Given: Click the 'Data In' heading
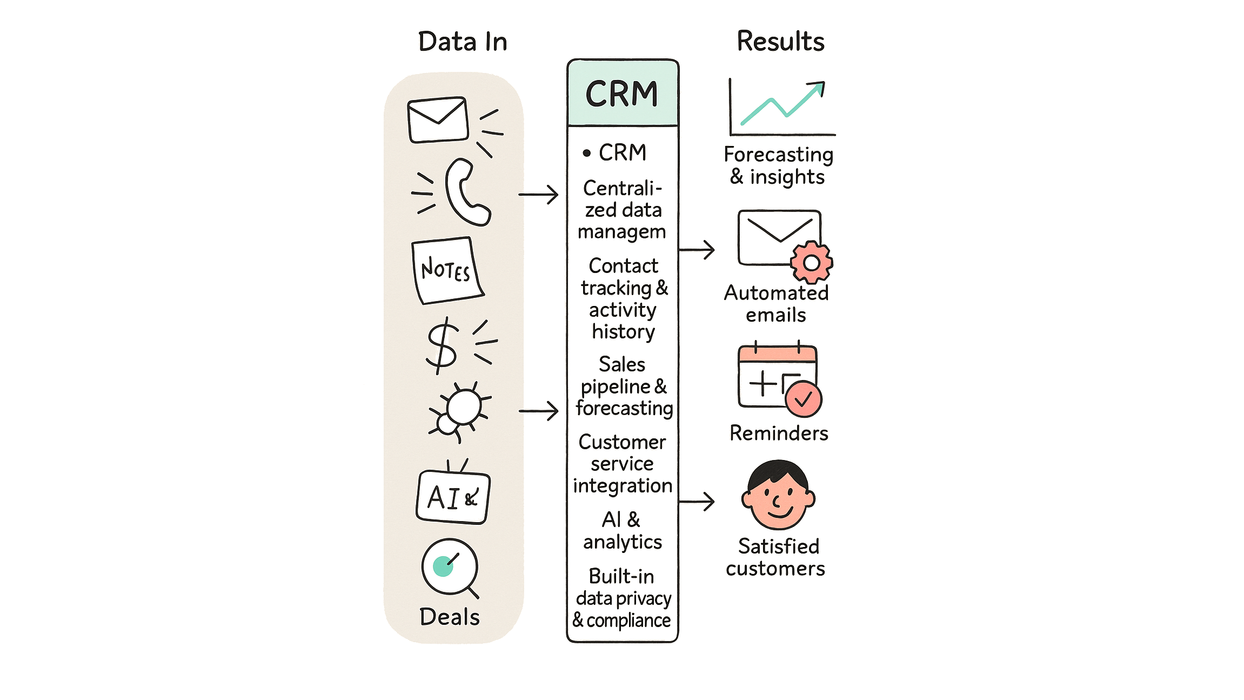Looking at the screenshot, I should pyautogui.click(x=463, y=42).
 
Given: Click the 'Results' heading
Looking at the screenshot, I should pyautogui.click(x=780, y=42).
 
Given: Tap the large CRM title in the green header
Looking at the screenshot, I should pyautogui.click(x=621, y=94).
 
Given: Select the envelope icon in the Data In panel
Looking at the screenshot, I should pyautogui.click(x=437, y=120).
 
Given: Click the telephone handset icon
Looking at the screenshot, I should pyautogui.click(x=466, y=191).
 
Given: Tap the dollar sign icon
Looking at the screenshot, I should pyautogui.click(x=442, y=345).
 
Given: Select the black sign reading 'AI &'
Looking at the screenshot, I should pyautogui.click(x=453, y=497).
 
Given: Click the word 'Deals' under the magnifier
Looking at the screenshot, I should pyautogui.click(x=450, y=617).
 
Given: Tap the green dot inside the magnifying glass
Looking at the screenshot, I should pyautogui.click(x=443, y=566).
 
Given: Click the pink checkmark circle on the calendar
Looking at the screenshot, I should pyautogui.click(x=804, y=400).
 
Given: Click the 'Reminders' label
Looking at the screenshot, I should pyautogui.click(x=778, y=433).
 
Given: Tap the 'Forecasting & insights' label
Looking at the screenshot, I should pyautogui.click(x=778, y=166).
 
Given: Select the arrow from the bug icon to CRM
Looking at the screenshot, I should pyautogui.click(x=538, y=411).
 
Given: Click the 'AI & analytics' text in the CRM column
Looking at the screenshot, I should pyautogui.click(x=622, y=531).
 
